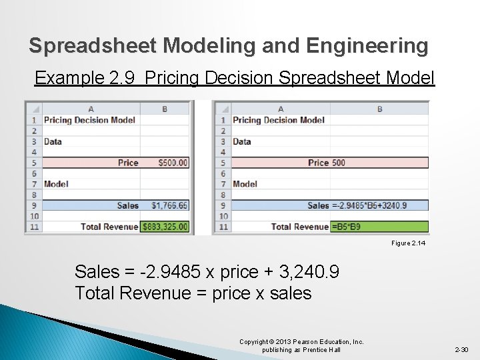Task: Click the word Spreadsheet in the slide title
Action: (93, 46)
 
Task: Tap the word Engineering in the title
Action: (367, 46)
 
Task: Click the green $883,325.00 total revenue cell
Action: (165, 227)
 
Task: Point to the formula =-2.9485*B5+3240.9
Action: (369, 205)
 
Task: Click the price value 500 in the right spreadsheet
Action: (338, 163)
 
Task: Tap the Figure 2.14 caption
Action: (408, 243)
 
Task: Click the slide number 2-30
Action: (461, 349)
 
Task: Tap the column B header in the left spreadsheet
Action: (165, 109)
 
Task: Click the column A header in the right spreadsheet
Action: (280, 109)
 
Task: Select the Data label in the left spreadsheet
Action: (53, 141)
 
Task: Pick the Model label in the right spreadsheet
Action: (245, 184)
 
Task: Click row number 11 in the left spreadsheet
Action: (33, 227)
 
